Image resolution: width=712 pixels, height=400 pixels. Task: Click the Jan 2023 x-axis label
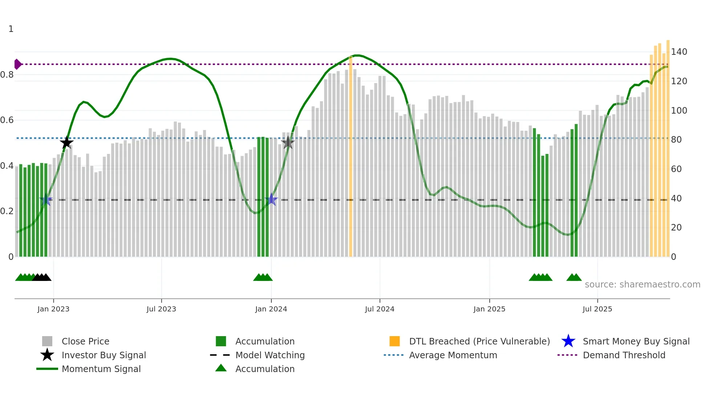tap(53, 309)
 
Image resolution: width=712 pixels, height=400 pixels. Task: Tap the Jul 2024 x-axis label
tap(380, 309)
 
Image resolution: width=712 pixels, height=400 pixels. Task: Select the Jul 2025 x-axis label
tap(597, 309)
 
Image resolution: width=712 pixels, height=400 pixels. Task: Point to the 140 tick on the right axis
tap(679, 52)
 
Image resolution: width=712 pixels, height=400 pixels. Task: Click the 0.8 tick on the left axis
tap(7, 75)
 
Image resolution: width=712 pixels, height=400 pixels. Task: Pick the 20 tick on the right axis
tap(676, 228)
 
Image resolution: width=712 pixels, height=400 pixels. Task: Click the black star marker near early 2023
tap(66, 142)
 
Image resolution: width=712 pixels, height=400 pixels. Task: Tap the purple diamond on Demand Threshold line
tap(17, 64)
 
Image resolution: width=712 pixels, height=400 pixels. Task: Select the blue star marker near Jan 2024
tap(271, 199)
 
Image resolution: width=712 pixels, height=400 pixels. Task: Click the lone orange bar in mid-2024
tap(351, 156)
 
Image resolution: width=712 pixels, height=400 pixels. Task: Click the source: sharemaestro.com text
tap(642, 285)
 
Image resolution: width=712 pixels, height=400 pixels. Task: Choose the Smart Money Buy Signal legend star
tap(568, 341)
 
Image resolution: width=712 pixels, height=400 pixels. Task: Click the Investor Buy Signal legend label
tap(104, 355)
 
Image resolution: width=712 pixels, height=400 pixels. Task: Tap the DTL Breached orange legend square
tap(395, 341)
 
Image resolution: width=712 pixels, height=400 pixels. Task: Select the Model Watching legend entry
tap(270, 355)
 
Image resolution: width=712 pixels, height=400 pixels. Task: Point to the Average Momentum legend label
tap(453, 355)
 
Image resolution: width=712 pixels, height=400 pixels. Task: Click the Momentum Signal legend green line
tap(47, 369)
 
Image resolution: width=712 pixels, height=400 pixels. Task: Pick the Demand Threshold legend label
tap(624, 355)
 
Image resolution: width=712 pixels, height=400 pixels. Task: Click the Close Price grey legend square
tap(47, 341)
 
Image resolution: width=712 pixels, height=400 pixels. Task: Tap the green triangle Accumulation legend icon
tap(221, 368)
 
